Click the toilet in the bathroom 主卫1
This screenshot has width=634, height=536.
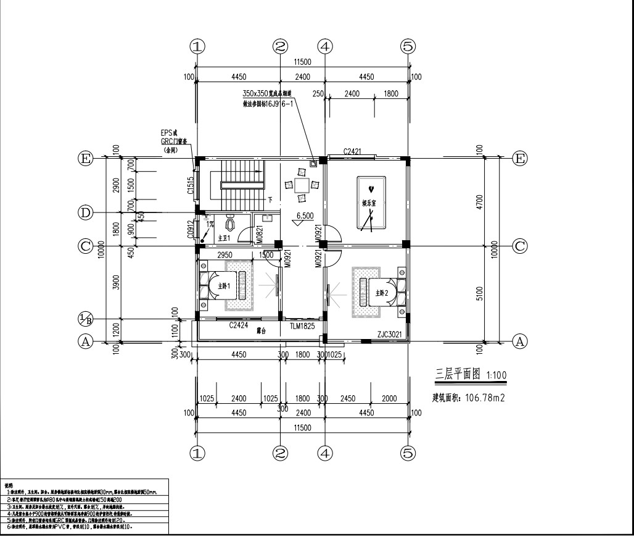coord(229,223)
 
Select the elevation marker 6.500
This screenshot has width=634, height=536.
coord(305,216)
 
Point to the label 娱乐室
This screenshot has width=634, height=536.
coord(369,203)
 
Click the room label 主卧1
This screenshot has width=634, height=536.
coord(223,286)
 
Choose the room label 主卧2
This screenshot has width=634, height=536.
coord(377,292)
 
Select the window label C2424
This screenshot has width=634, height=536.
coord(239,324)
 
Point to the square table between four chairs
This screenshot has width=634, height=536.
coord(302,185)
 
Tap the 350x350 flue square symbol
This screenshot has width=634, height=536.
coord(314,164)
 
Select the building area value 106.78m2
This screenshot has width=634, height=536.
coord(484,398)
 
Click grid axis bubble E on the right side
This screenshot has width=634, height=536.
coord(521,159)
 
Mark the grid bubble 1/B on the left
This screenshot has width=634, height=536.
coord(86,319)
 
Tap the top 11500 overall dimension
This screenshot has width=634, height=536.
coord(302,62)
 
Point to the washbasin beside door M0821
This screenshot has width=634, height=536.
coord(268,217)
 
